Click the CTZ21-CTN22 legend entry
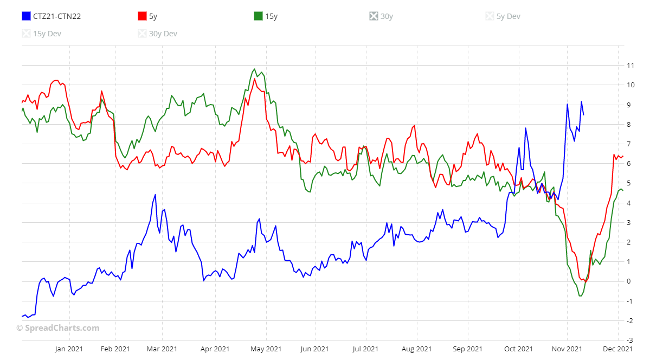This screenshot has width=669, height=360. point(52,16)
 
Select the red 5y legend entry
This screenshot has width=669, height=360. point(148,16)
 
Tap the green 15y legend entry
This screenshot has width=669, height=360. point(266,16)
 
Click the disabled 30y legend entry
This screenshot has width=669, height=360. point(381,16)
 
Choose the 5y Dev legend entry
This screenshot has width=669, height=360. point(503,16)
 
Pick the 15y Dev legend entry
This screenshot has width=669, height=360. point(42,34)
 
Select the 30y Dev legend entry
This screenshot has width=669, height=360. point(158,34)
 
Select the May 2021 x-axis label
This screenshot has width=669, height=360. point(266,349)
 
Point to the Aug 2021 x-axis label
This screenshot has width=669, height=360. point(416,349)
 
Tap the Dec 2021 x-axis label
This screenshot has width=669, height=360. point(618,349)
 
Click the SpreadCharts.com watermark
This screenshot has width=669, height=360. point(57,328)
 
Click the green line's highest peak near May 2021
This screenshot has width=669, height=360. point(254,69)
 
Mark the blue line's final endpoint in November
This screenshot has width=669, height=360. point(583,114)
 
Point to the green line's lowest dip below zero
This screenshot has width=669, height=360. point(580,296)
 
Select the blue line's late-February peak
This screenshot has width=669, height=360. point(156,195)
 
